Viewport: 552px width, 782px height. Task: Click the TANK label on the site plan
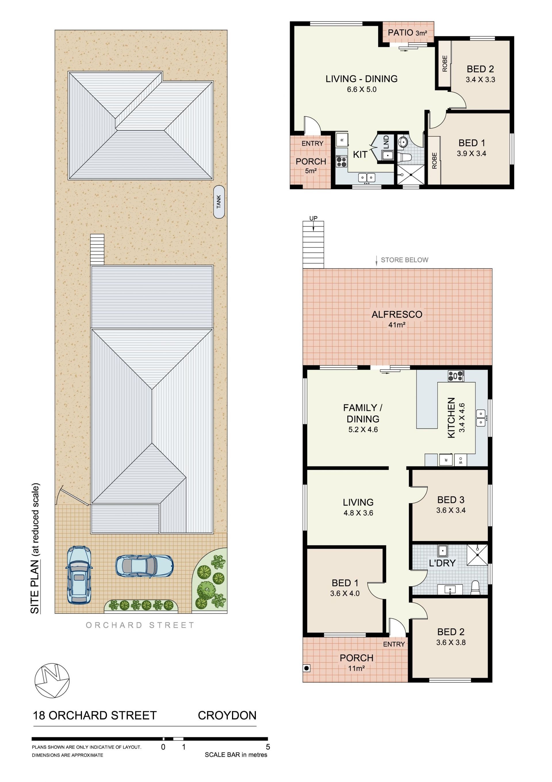click(219, 202)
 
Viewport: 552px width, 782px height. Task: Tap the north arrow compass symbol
click(52, 680)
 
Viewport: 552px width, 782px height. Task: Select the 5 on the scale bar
click(268, 747)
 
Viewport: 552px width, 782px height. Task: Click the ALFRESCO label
click(397, 314)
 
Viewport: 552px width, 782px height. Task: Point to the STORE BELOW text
click(405, 260)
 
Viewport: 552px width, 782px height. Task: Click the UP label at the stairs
click(313, 218)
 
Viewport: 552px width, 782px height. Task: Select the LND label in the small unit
click(386, 142)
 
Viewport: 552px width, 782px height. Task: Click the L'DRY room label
click(442, 563)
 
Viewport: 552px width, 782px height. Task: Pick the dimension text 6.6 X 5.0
click(362, 90)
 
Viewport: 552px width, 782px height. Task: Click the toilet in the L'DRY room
click(475, 588)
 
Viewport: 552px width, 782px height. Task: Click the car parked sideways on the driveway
click(145, 566)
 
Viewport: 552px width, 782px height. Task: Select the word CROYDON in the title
click(227, 715)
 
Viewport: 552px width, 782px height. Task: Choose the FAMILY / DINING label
click(363, 413)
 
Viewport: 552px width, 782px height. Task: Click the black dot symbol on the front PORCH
click(306, 668)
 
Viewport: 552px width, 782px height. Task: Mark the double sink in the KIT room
click(367, 177)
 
